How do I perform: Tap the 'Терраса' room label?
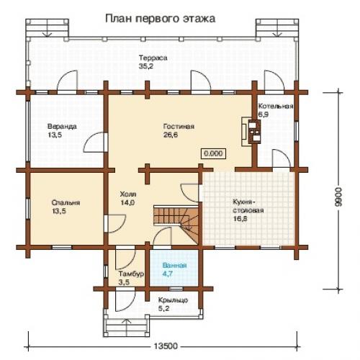coord(154,57)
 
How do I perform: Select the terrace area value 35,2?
coord(146,66)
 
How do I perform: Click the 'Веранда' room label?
coord(63,125)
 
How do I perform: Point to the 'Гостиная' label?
coord(179,125)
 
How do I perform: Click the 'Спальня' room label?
coord(65,203)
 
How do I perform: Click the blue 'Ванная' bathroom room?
coord(174,269)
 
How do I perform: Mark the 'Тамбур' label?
coord(130,274)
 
